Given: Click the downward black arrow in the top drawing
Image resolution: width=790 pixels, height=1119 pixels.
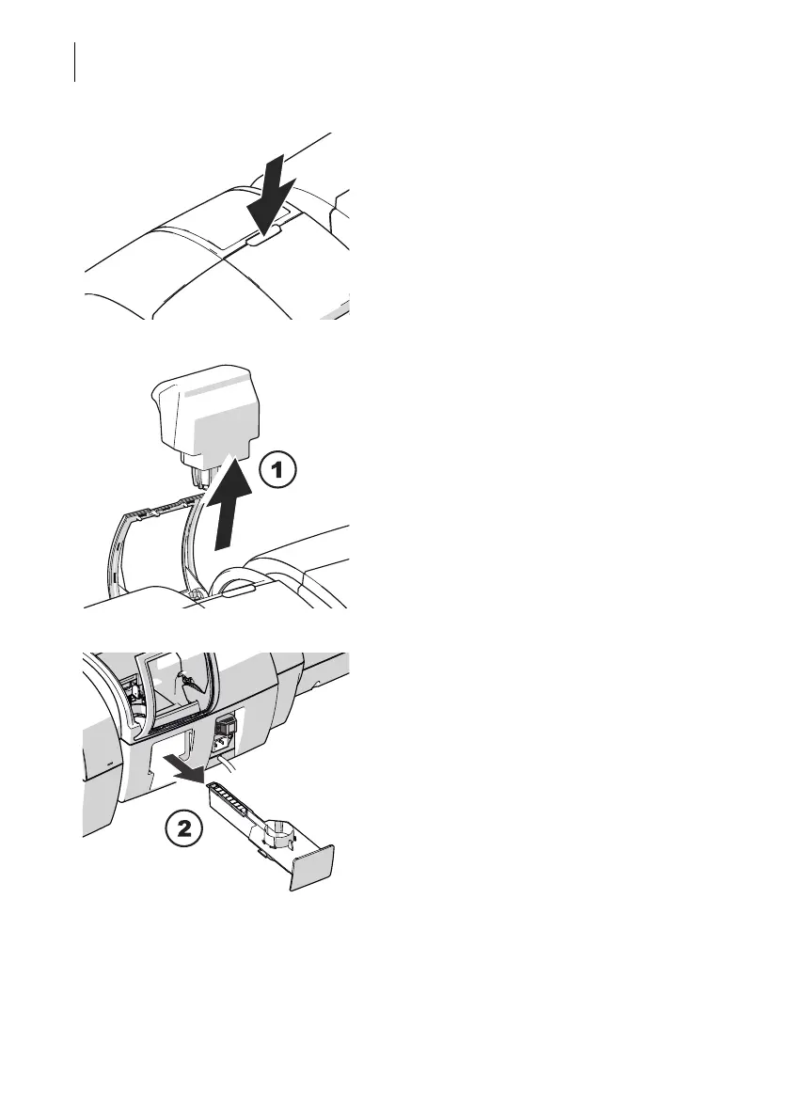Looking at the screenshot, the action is point(272,200).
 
